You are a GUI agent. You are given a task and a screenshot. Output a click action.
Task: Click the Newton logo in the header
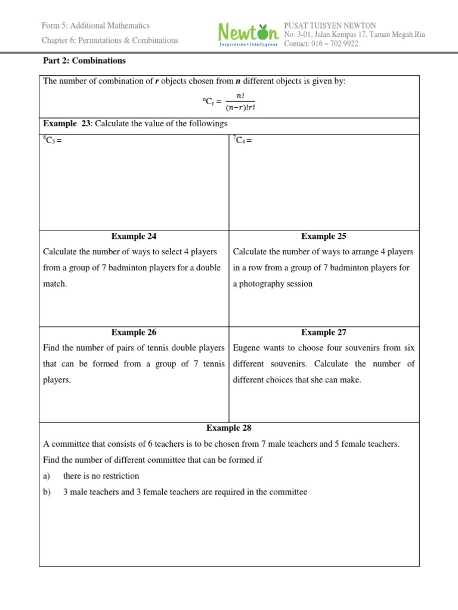(x=247, y=35)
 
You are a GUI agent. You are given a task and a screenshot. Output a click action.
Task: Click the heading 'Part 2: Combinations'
(x=85, y=61)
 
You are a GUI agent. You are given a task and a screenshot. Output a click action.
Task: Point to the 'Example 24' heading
(x=134, y=236)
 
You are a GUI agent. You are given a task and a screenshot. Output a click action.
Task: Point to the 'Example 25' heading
(x=324, y=236)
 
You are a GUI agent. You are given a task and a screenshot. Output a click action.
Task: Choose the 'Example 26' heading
(x=134, y=332)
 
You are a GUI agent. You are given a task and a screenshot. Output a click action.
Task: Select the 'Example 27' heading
(x=324, y=332)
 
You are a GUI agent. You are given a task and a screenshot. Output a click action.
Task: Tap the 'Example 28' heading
(x=229, y=428)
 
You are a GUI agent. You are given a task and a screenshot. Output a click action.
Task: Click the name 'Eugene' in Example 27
(x=246, y=348)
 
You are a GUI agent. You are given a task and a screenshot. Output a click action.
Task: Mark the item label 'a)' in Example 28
(x=48, y=476)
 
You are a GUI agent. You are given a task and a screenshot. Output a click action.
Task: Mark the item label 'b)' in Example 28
(x=48, y=492)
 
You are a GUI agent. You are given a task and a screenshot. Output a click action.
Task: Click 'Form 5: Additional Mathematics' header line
(x=95, y=26)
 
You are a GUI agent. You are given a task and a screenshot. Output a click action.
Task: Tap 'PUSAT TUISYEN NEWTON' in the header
(x=330, y=26)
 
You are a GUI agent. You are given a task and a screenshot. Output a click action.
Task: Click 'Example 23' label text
(x=66, y=124)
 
